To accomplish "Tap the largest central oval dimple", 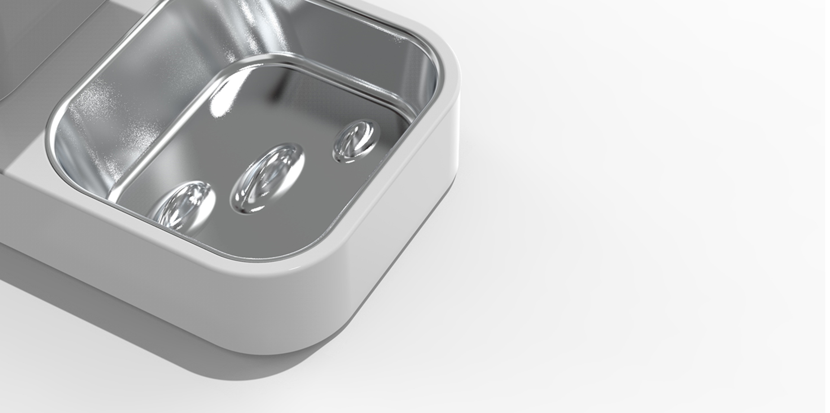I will (x=268, y=178).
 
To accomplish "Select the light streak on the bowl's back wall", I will (x=255, y=22).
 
